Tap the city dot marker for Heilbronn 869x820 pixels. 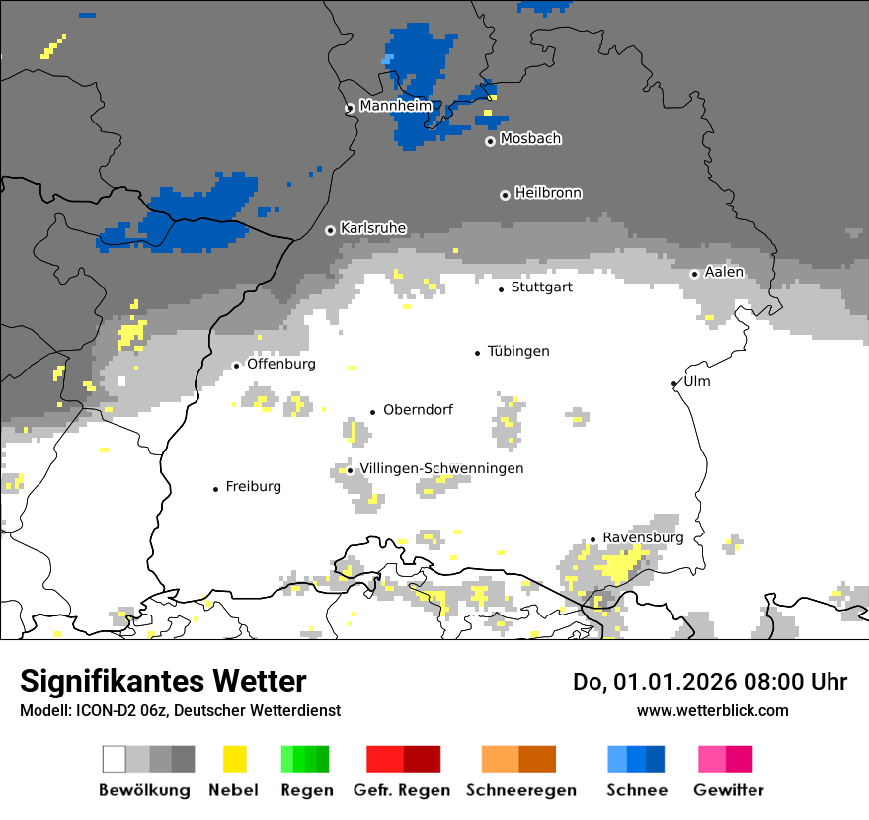(x=505, y=195)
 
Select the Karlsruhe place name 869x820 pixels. (x=372, y=228)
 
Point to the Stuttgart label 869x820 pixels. (x=541, y=287)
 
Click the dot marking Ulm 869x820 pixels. (x=673, y=383)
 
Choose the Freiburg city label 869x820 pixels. (x=253, y=486)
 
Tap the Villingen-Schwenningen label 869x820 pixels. (x=441, y=468)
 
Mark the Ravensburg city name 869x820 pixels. (x=643, y=537)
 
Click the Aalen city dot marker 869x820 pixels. (x=694, y=274)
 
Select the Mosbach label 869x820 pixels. (x=530, y=139)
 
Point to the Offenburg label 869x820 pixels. (x=280, y=364)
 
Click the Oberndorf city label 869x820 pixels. (x=418, y=410)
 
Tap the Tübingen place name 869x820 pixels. (x=518, y=351)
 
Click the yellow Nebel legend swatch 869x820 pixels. (x=234, y=759)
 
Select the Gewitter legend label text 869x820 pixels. (x=728, y=790)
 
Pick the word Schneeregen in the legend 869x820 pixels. (x=521, y=790)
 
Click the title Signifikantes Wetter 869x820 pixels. (x=163, y=681)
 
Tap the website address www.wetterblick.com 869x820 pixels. (x=712, y=710)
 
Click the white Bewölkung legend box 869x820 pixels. (x=115, y=759)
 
